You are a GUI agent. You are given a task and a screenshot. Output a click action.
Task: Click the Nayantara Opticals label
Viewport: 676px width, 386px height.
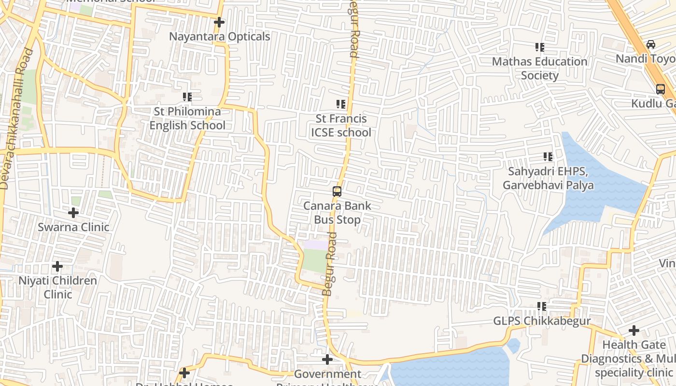tap(219, 37)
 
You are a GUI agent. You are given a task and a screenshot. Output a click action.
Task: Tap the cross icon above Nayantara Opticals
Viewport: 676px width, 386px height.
tap(219, 22)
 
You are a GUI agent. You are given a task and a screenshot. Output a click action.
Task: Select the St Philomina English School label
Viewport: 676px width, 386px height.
tap(187, 118)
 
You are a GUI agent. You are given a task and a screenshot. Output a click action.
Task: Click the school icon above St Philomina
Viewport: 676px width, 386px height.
tap(187, 97)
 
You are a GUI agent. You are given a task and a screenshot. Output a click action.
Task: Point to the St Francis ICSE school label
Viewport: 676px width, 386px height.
tap(341, 125)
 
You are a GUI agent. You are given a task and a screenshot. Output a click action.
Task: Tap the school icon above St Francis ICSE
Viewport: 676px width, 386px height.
tap(341, 104)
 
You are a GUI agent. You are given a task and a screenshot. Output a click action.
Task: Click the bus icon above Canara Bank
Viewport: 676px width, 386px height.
tap(337, 192)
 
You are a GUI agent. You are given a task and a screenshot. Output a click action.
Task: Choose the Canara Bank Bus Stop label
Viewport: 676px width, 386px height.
tap(337, 213)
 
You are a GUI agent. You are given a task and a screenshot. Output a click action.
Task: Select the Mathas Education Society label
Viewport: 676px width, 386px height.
tap(539, 69)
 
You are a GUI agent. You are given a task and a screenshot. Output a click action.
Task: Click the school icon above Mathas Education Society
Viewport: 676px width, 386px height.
tap(539, 47)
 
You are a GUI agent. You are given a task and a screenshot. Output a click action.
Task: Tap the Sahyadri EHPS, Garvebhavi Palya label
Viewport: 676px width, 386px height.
tap(548, 178)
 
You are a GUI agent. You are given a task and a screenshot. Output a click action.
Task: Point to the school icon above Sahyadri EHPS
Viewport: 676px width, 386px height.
tap(548, 157)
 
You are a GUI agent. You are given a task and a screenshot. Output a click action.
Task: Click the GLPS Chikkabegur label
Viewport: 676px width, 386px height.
tap(542, 321)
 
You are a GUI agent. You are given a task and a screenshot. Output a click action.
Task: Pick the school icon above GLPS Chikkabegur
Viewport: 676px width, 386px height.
tap(542, 306)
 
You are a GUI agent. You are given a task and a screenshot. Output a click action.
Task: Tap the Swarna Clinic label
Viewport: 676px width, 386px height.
tap(73, 227)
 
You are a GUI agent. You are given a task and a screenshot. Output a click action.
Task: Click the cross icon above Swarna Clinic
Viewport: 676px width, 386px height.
tap(73, 212)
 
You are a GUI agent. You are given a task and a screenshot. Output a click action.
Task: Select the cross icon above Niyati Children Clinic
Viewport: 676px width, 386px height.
tap(57, 266)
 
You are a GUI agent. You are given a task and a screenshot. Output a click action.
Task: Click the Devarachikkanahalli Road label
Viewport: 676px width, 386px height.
tap(16, 118)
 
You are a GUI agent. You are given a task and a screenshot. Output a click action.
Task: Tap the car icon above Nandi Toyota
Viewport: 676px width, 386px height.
tap(651, 44)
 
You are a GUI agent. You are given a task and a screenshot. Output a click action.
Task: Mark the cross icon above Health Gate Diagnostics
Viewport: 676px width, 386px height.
tap(634, 331)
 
